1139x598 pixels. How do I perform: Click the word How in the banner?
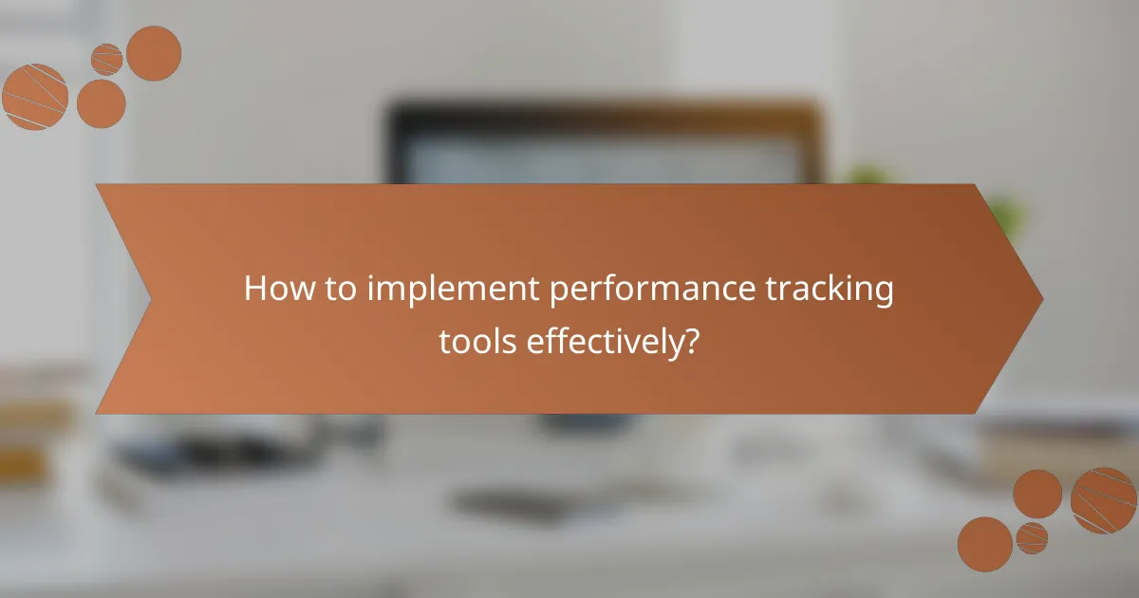[277, 289]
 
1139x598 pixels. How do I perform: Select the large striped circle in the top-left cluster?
[35, 96]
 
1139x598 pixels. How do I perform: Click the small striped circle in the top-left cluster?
[107, 60]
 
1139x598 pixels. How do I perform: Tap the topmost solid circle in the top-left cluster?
[154, 53]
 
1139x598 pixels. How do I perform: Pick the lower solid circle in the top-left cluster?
[101, 103]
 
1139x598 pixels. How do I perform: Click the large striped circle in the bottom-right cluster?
[1103, 500]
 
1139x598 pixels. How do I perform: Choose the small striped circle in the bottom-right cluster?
[1032, 538]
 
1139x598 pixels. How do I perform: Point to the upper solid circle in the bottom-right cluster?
[1037, 494]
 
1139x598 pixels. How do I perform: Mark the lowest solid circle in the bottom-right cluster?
[984, 544]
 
